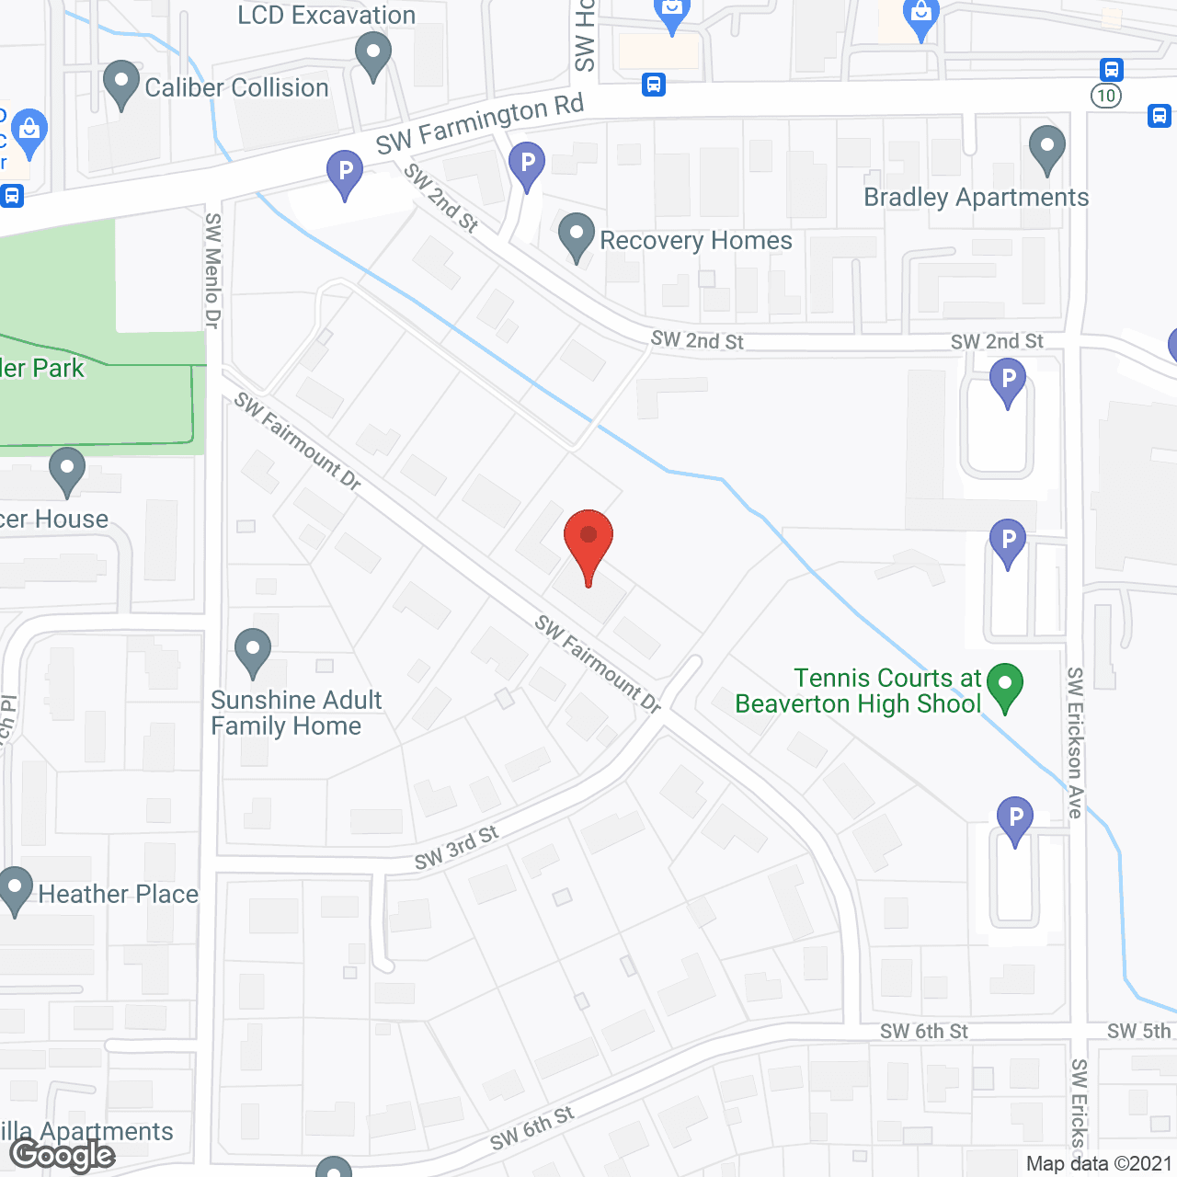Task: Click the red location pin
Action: [588, 543]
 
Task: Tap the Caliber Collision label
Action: [236, 88]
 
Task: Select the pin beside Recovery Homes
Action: [577, 237]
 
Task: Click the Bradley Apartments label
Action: [976, 198]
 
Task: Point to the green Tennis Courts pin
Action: [1005, 686]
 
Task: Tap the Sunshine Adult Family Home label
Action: [295, 713]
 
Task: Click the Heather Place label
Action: [118, 894]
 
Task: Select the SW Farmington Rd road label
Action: [479, 125]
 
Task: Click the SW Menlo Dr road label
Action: [212, 270]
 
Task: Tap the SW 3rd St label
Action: [456, 848]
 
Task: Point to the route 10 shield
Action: [1106, 96]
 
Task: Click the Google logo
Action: [63, 1155]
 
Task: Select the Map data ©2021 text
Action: [1099, 1164]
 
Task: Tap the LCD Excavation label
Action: [326, 15]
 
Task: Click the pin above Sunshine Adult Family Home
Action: [252, 652]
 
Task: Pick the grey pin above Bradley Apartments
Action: [1046, 149]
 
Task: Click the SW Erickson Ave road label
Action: [1075, 743]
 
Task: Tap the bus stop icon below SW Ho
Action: [654, 85]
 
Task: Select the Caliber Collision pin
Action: [121, 85]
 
